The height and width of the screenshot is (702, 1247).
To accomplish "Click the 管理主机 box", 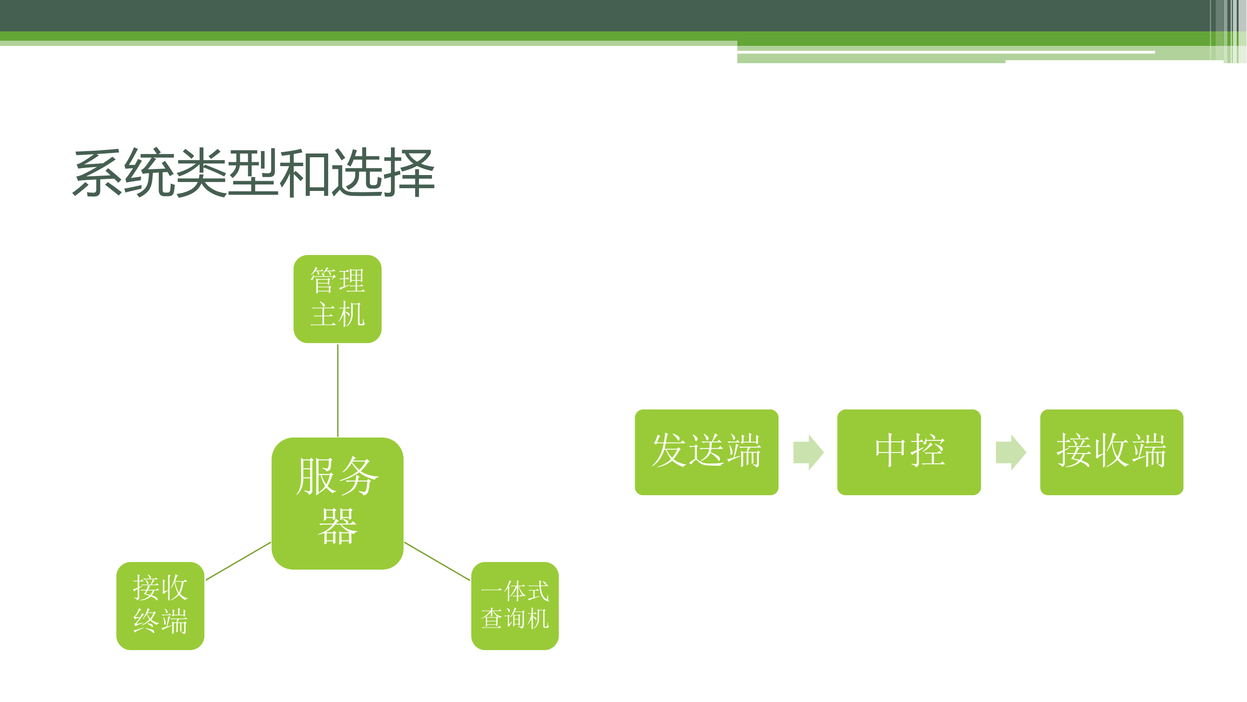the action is [338, 299].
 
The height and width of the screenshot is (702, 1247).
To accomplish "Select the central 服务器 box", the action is [338, 504].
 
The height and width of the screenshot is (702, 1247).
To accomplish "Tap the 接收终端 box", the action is [160, 606].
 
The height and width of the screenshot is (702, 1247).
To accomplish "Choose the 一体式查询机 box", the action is [515, 606].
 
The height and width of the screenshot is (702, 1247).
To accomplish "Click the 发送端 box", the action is [706, 452].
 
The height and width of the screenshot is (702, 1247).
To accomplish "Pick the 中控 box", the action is [908, 452].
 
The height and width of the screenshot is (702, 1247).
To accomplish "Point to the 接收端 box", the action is [1111, 452].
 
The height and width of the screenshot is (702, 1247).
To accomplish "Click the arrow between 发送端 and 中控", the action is [808, 453].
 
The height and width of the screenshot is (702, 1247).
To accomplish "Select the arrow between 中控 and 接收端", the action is [1011, 453].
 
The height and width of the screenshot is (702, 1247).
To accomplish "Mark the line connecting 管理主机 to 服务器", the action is [338, 390].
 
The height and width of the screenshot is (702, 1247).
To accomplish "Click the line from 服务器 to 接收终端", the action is [238, 561].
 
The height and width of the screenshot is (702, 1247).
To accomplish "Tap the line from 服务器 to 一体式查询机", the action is [437, 561].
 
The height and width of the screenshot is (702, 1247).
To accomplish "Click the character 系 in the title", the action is [97, 173].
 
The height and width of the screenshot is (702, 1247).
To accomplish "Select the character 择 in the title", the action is [409, 173].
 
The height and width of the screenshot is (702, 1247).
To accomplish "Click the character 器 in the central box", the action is [338, 526].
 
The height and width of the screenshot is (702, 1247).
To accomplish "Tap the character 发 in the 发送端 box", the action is [670, 451].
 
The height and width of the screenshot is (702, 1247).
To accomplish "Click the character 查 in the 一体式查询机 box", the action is [492, 619].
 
